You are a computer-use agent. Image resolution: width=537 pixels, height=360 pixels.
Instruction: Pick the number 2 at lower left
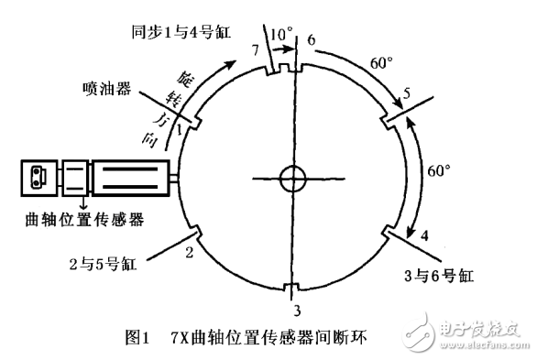(190, 249)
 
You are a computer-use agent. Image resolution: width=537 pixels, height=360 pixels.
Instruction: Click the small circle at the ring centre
(293, 177)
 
